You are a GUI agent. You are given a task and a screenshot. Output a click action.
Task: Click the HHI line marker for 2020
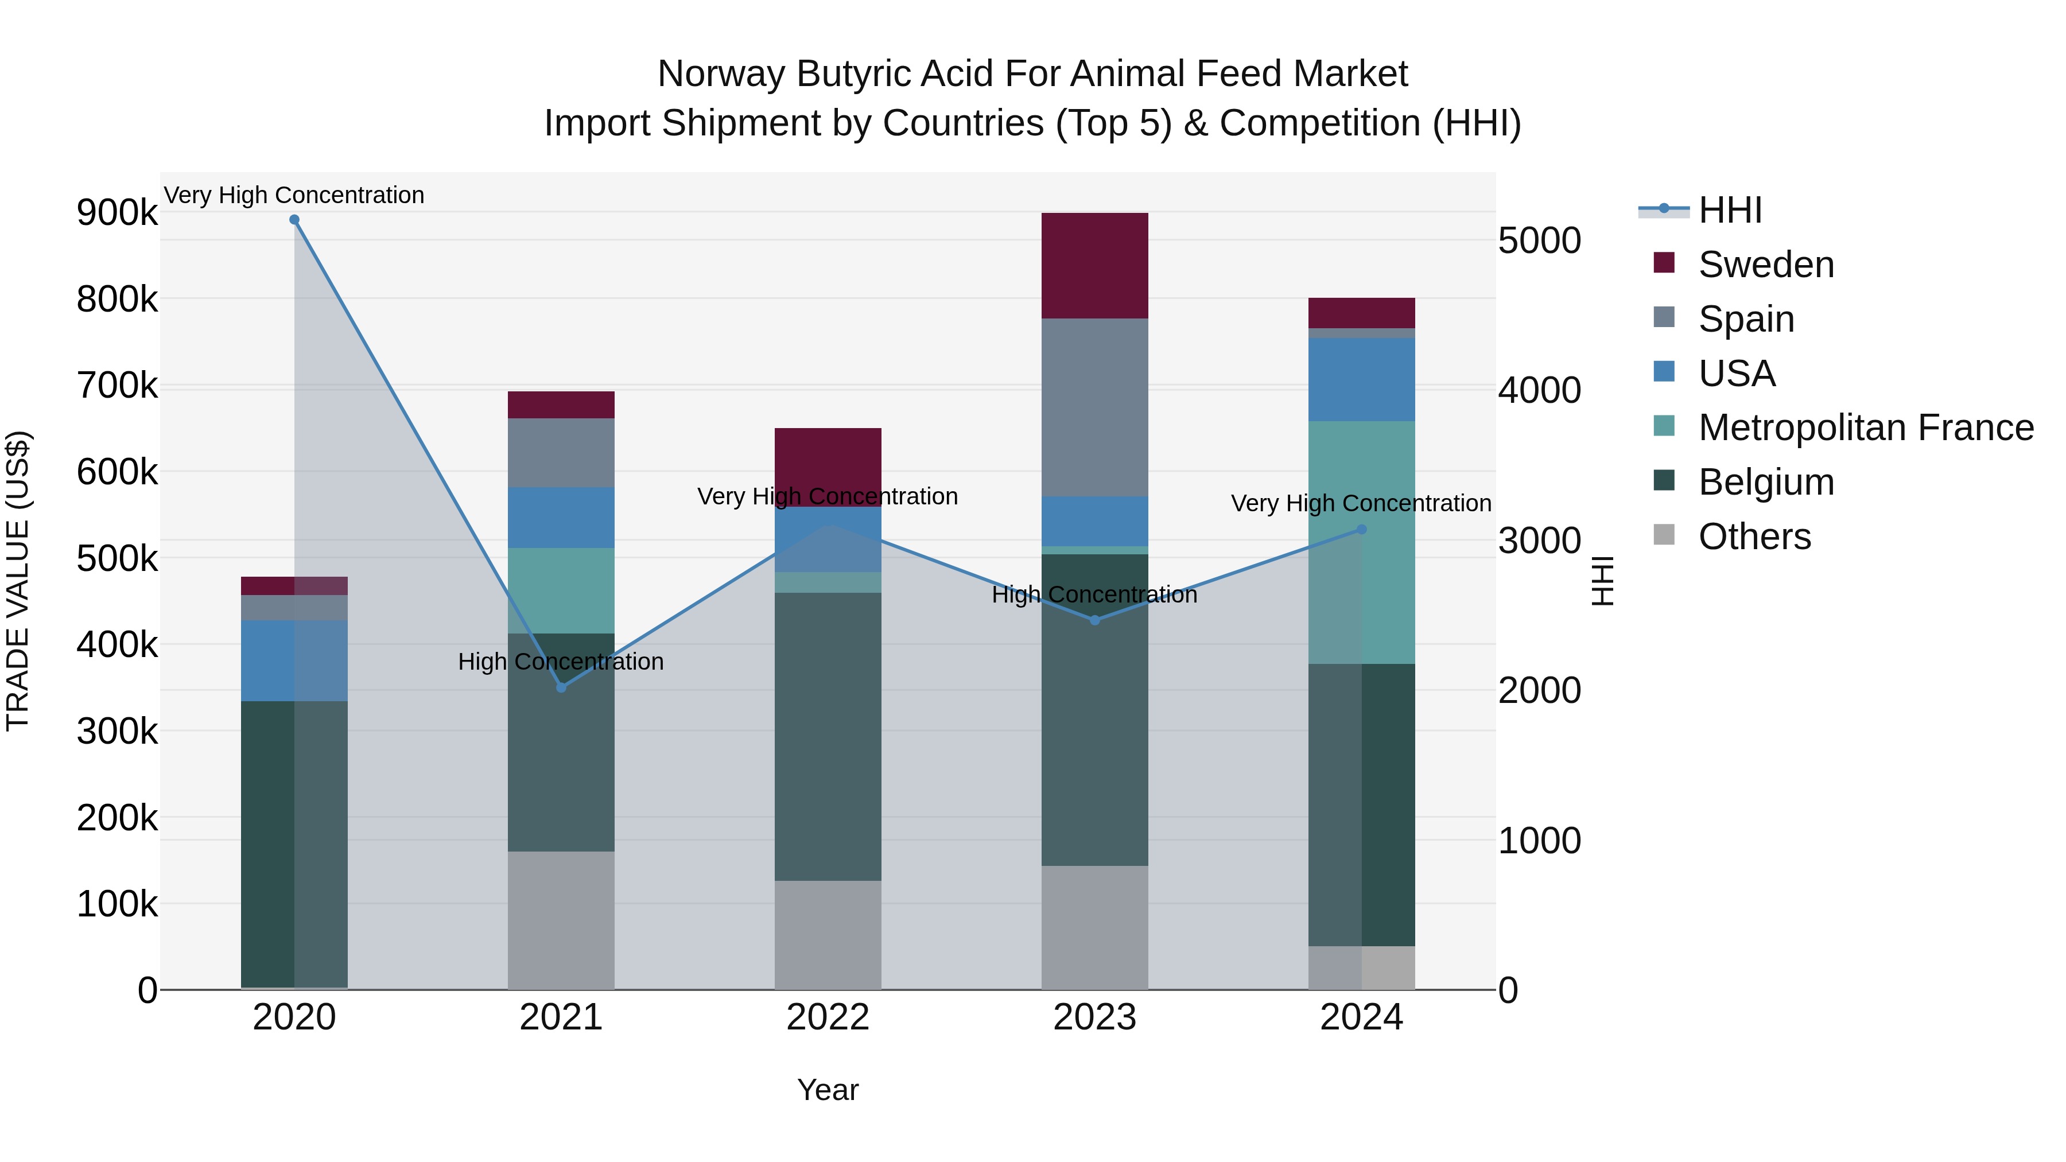click(294, 220)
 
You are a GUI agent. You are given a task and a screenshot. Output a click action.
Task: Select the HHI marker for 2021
click(561, 687)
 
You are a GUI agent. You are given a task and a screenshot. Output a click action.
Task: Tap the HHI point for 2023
click(1095, 620)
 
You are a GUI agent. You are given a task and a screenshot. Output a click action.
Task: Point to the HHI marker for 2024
click(1361, 529)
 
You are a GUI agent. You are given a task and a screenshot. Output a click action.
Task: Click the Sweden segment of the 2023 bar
click(1095, 266)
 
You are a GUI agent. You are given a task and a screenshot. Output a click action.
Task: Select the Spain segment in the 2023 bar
click(1095, 407)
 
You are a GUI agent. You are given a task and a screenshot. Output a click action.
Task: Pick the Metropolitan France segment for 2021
click(561, 590)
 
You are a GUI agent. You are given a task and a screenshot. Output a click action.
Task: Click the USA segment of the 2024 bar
click(1361, 379)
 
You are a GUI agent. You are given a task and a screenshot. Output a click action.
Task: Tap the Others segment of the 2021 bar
click(561, 920)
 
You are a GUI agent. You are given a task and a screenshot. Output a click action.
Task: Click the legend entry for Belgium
click(1766, 482)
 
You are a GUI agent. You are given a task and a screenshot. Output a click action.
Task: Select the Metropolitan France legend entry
click(1866, 428)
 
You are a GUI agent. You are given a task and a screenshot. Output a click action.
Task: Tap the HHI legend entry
click(1730, 210)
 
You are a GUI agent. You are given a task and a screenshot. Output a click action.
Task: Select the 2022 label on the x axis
click(828, 1017)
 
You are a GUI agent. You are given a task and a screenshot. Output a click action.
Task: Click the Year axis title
click(828, 1090)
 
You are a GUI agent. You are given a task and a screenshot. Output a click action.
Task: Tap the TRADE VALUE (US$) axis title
click(18, 581)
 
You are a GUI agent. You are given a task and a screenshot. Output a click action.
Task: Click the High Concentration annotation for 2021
click(561, 662)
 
